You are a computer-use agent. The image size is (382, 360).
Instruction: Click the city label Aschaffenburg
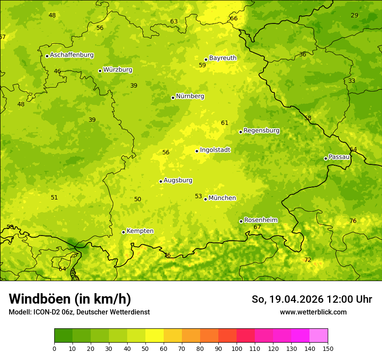tap(72, 55)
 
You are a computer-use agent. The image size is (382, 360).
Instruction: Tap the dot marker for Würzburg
tap(100, 71)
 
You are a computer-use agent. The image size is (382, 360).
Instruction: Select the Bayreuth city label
tap(223, 58)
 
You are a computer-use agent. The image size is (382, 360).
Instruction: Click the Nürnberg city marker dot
tap(173, 98)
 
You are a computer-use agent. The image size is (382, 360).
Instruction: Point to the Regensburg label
tap(261, 131)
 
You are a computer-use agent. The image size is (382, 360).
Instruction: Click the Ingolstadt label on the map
tap(215, 150)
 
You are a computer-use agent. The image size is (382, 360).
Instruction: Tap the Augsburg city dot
tap(161, 181)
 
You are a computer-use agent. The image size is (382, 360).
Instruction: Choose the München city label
tap(222, 198)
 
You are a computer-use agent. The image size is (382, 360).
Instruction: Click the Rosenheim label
tap(260, 220)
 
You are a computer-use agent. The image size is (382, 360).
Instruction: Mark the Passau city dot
tap(326, 158)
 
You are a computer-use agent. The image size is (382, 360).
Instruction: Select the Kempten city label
tap(140, 231)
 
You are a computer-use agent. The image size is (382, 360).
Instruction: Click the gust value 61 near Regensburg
tap(224, 123)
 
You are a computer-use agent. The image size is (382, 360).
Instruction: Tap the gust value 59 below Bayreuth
tap(202, 65)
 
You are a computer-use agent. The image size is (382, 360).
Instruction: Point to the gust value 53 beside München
tap(198, 196)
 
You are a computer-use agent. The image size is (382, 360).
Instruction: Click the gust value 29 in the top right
tap(355, 16)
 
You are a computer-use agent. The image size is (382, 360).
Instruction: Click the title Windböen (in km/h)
tap(70, 299)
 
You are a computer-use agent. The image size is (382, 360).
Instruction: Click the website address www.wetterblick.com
tap(313, 312)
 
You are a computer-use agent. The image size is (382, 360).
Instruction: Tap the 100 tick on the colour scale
tap(237, 348)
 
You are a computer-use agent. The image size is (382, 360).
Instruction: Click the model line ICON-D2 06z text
tap(79, 312)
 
